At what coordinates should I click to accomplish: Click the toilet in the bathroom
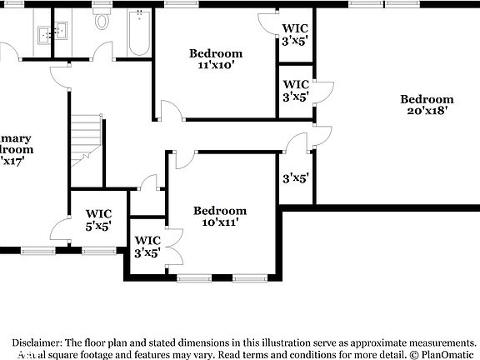102,22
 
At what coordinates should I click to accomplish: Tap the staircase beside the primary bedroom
85,137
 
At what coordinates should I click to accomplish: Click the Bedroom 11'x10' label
215,58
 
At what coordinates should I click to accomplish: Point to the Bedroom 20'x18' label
430,104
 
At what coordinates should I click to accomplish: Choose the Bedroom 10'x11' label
220,217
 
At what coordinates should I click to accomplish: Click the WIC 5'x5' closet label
98,219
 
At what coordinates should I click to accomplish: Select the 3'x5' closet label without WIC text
296,177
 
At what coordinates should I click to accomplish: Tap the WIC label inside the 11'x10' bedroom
296,33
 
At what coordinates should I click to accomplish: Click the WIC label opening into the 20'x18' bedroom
296,90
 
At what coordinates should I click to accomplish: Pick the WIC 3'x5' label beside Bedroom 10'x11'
148,247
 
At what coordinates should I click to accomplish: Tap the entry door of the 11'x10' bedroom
169,111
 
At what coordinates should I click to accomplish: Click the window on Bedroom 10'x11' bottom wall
195,277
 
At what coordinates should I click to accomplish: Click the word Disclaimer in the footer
36,342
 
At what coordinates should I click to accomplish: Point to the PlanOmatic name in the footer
445,354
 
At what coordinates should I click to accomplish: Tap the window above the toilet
102,4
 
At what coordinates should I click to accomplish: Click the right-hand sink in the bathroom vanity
58,33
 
